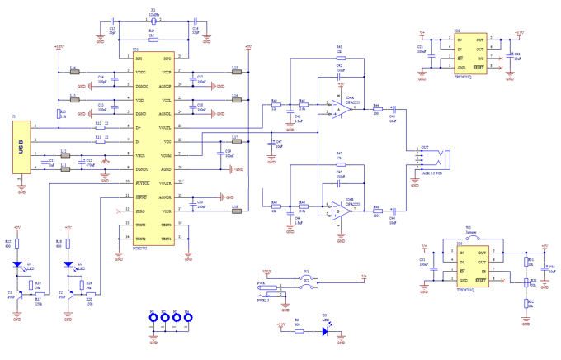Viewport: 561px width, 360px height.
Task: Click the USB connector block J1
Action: [x=21, y=147]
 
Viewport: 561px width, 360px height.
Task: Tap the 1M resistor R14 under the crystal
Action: [x=153, y=37]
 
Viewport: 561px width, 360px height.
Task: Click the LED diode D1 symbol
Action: [x=16, y=266]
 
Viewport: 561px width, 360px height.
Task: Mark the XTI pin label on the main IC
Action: [x=139, y=59]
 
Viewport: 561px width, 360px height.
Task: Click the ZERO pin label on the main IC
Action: [x=141, y=211]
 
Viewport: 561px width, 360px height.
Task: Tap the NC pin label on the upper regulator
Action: [x=481, y=59]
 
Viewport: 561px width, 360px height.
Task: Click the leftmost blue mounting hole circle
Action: [x=153, y=317]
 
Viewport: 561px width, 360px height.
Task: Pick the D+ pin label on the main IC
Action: [x=139, y=128]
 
